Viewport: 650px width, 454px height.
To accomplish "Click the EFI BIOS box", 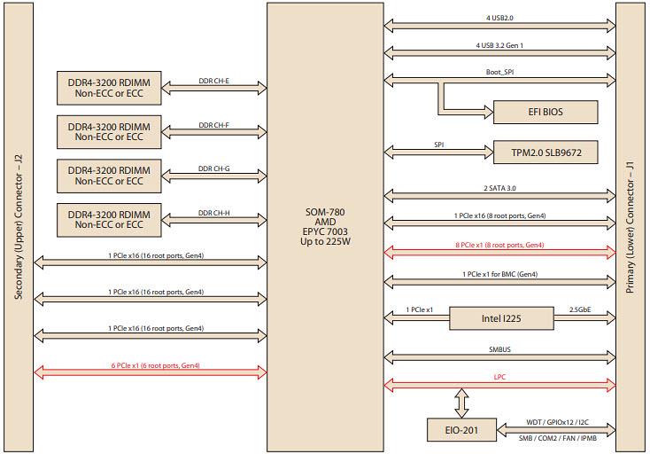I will (540, 112).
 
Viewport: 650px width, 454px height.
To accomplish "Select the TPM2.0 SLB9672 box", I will (542, 153).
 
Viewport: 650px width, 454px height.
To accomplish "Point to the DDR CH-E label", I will (213, 81).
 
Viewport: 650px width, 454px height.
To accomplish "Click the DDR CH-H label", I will (213, 213).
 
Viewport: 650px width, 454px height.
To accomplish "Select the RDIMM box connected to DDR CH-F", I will (109, 132).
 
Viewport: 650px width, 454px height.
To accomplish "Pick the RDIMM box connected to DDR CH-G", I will (109, 175).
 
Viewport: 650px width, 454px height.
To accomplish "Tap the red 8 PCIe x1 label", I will (499, 245).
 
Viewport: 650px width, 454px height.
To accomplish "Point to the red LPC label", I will (499, 379).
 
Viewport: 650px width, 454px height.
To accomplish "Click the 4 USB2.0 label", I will (499, 18).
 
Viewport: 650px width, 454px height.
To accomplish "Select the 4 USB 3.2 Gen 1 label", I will (499, 43).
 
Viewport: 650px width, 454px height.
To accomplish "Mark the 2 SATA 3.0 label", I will (499, 188).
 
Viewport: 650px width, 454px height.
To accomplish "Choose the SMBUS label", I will (499, 349).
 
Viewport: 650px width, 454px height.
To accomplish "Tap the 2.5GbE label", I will (581, 309).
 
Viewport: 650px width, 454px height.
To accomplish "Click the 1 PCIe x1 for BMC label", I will (499, 275).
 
